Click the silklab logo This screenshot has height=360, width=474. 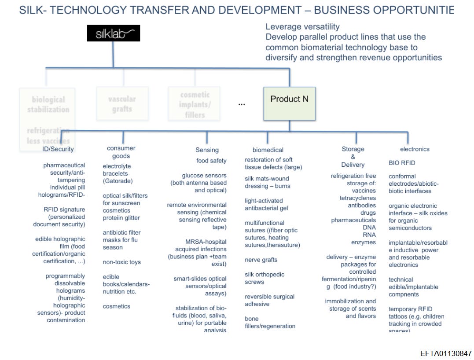point(113,33)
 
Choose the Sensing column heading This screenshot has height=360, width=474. point(207,150)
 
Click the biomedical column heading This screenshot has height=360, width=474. point(268,150)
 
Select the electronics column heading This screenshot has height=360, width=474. point(415,149)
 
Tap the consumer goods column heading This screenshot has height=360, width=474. point(121,152)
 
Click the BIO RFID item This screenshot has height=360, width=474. point(402,163)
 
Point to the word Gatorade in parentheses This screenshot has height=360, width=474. point(118,181)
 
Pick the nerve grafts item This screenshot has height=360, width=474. point(261,260)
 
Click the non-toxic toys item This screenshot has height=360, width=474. point(121,262)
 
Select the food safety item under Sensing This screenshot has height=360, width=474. point(211,161)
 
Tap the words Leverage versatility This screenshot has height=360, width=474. point(302,27)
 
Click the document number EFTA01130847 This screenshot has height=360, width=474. point(446,353)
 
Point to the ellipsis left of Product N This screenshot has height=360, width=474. point(242,103)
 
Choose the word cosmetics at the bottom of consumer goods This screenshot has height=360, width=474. point(116,306)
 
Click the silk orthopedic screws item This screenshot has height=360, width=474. point(265,278)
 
